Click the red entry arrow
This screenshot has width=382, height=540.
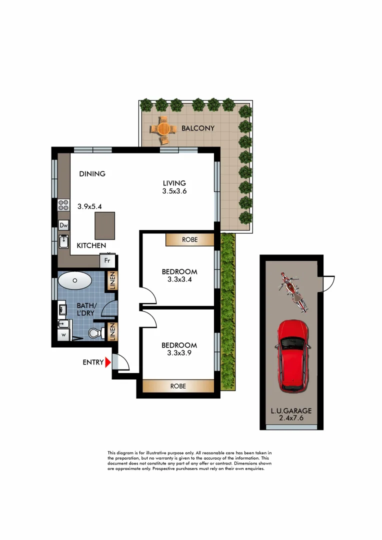point(107,362)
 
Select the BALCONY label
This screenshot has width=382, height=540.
point(197,128)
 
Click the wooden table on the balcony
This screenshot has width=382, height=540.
point(163,128)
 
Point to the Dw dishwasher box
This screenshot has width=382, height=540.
point(63,225)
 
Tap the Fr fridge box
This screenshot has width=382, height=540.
point(107,260)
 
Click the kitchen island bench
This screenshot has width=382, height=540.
point(105,226)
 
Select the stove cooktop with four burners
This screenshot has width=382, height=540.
point(63,204)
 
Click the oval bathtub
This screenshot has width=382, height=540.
point(75,280)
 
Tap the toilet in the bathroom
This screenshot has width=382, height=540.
point(95,332)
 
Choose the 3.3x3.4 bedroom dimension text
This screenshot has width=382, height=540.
point(179,279)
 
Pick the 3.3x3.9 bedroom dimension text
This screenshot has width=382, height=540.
point(179,353)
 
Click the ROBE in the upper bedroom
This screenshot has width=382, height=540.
point(190,240)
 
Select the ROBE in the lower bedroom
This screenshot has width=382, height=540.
point(178,386)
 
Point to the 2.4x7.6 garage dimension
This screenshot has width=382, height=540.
point(291,418)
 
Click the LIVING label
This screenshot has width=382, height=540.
point(174,183)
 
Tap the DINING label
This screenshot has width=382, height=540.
point(92,174)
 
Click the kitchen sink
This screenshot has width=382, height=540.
point(63,242)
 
